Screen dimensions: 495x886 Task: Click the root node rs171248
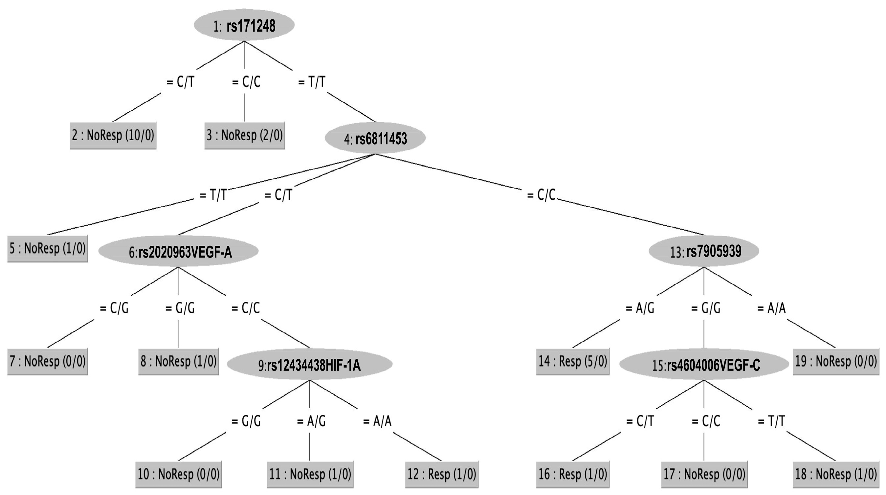244,25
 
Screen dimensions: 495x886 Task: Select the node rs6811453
375,138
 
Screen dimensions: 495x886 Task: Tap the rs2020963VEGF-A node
178,252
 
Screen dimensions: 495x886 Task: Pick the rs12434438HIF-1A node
310,364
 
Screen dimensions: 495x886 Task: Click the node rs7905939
704,251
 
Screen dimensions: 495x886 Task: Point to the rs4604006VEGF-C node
704,364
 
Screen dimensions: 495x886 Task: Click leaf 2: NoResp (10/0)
113,135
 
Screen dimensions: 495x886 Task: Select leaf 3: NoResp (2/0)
245,135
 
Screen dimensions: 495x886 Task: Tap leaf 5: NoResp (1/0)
48,248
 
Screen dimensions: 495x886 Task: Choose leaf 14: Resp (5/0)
573,361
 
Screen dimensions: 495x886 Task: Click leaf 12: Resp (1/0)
442,474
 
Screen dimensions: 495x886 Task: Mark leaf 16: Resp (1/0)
573,474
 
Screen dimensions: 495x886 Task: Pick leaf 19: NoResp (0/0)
836,361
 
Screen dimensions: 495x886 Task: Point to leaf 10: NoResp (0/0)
179,474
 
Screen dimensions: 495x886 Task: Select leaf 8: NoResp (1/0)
179,361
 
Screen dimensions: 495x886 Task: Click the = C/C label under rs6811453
542,195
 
